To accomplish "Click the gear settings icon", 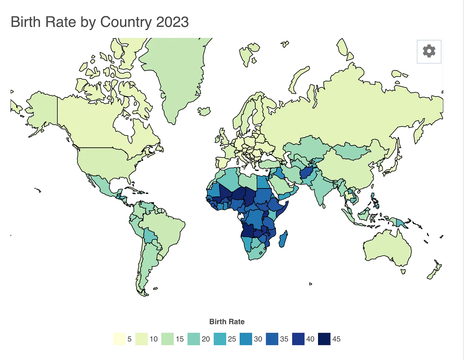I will (x=429, y=51).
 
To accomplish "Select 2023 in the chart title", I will (x=172, y=22).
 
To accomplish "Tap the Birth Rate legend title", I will (x=227, y=322).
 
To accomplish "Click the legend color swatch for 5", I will (x=119, y=339).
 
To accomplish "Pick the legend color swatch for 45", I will (x=324, y=339).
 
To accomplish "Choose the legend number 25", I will (x=232, y=339).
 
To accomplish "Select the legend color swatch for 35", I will (x=272, y=339).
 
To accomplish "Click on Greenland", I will (x=174, y=70).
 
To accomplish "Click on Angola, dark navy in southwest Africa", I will (x=248, y=230).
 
